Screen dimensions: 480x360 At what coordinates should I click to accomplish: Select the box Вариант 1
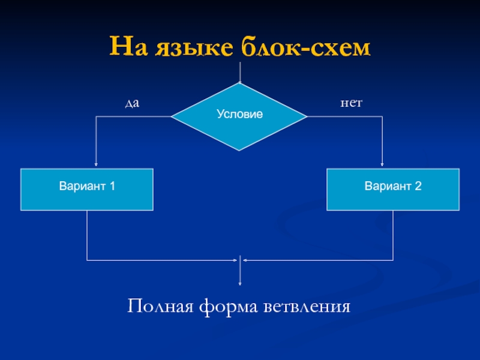pos(87,189)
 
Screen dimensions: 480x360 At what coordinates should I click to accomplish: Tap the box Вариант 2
pos(393,189)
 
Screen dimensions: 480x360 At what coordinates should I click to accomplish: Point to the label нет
pos(352,103)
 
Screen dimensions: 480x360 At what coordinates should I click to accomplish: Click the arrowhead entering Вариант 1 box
pos(97,166)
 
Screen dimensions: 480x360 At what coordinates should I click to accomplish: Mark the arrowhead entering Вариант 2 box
pos(383,166)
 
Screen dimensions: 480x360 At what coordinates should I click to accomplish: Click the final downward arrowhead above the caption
pos(240,283)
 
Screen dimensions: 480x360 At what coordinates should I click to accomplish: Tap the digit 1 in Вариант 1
pos(113,187)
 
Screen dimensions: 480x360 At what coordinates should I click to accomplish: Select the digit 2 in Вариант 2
pos(418,187)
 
